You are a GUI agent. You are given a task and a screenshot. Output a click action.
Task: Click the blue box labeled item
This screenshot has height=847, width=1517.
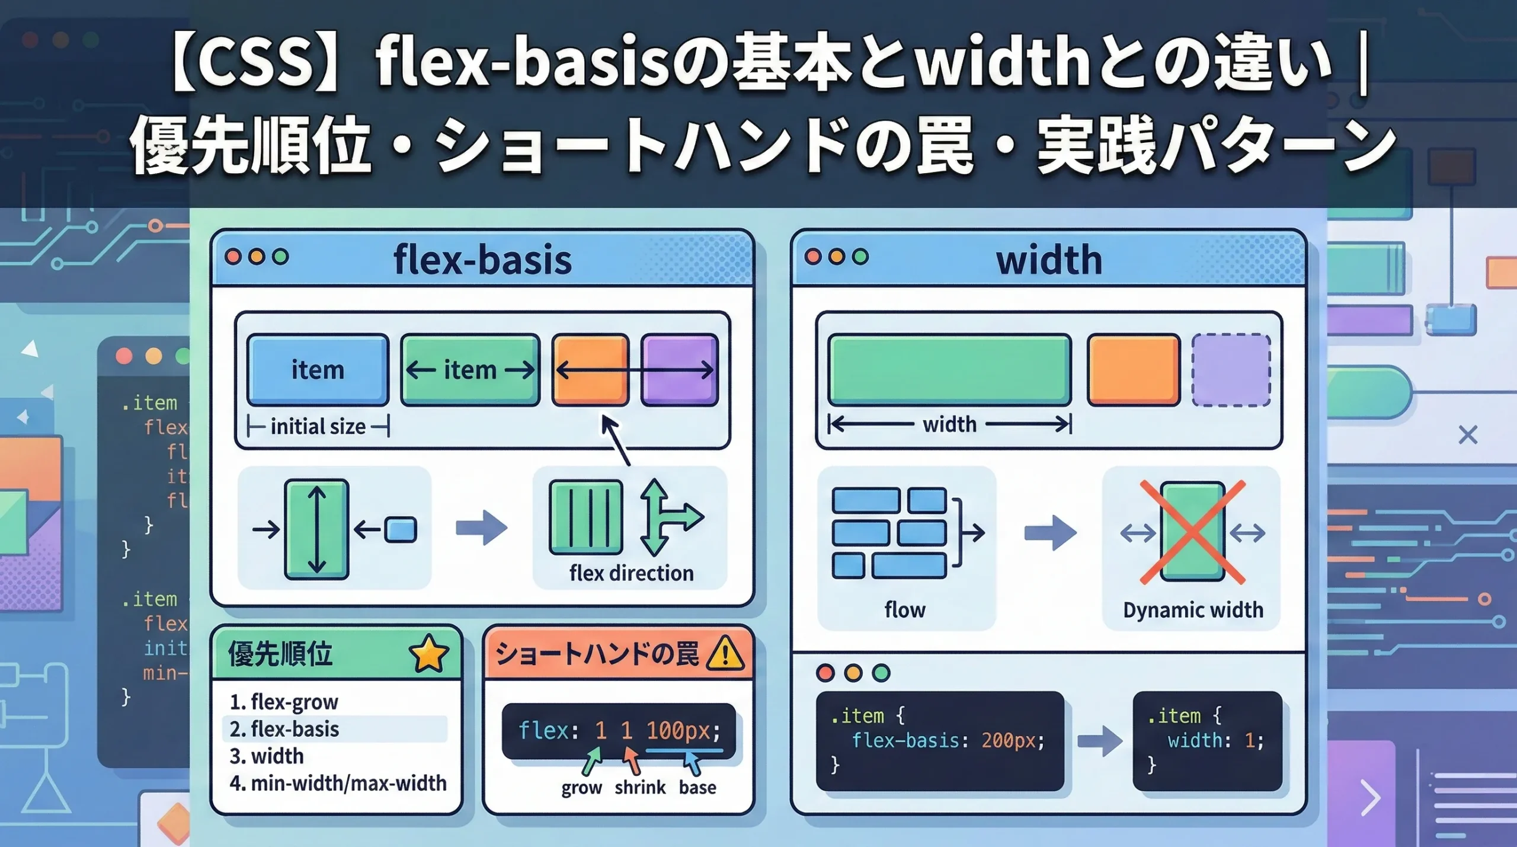(318, 370)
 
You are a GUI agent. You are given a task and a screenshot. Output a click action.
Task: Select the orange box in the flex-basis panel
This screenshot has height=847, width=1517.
(590, 370)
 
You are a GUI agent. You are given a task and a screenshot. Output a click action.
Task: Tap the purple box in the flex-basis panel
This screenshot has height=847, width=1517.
(680, 370)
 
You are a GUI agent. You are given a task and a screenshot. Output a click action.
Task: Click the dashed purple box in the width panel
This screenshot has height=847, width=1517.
(1231, 370)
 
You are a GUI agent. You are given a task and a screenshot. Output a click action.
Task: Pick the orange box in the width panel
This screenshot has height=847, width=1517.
(1133, 370)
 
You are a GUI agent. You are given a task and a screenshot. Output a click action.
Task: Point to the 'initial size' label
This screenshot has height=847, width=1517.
(318, 426)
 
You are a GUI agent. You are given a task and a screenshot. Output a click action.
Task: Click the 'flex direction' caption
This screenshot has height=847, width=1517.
(631, 573)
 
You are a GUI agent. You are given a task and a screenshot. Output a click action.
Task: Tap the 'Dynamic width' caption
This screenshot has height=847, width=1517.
(1193, 610)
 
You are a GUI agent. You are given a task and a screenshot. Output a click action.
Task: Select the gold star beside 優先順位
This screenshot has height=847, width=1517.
(428, 653)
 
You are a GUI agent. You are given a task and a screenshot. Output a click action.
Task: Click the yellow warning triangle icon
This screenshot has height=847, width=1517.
(725, 654)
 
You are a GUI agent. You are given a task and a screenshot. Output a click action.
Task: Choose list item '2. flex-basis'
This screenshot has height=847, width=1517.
(284, 729)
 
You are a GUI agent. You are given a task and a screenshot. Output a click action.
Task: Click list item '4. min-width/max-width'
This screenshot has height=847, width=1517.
(338, 784)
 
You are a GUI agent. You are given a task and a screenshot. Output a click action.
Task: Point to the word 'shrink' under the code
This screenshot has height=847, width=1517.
(640, 787)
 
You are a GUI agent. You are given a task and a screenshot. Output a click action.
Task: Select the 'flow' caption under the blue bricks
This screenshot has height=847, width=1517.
(905, 610)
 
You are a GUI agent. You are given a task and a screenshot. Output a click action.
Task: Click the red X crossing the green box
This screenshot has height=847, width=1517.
(1192, 532)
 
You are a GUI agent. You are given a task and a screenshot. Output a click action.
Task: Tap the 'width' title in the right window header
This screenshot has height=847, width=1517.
(1049, 260)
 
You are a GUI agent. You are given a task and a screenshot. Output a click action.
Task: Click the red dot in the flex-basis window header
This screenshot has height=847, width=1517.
(233, 257)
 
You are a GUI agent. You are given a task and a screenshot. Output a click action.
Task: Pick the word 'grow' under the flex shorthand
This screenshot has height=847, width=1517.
(581, 788)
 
